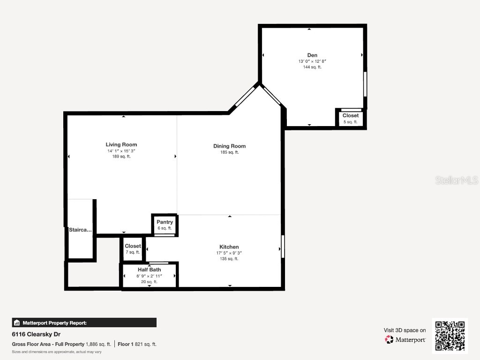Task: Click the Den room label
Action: click(x=312, y=55)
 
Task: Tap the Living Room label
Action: click(x=121, y=144)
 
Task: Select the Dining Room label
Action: click(x=229, y=146)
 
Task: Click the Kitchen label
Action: click(x=229, y=247)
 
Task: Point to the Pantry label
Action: click(x=165, y=222)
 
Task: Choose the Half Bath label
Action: click(x=149, y=270)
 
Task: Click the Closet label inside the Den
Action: click(x=350, y=115)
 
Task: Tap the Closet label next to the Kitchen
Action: click(x=133, y=246)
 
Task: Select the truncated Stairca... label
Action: click(x=80, y=230)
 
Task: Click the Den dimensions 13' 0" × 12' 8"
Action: click(x=312, y=61)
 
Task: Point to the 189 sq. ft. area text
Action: click(x=121, y=157)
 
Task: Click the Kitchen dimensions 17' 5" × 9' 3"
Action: click(x=229, y=253)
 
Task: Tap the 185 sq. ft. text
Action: click(x=229, y=152)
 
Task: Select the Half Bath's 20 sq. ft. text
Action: click(x=149, y=282)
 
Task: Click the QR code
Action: click(x=450, y=336)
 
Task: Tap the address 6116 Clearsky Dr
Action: click(x=34, y=335)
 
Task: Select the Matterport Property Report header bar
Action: click(x=84, y=322)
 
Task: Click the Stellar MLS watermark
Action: click(x=456, y=180)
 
